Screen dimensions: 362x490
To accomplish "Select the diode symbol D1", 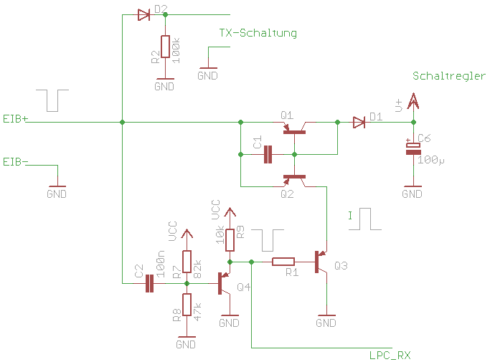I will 359,123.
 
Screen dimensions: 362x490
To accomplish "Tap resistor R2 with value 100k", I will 165,47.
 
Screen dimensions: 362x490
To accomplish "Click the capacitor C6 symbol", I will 413,148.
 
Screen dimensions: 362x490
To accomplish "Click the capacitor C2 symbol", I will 150,284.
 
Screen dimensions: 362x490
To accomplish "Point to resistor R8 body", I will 187,305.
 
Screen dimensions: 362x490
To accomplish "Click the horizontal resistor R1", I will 284,262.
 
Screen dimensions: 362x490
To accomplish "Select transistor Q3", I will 321,262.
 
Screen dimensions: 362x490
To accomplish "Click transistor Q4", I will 224,282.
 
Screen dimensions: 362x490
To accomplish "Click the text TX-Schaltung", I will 258,33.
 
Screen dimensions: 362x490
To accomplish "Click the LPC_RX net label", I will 390,355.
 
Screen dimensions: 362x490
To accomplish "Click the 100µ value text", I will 430,160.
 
